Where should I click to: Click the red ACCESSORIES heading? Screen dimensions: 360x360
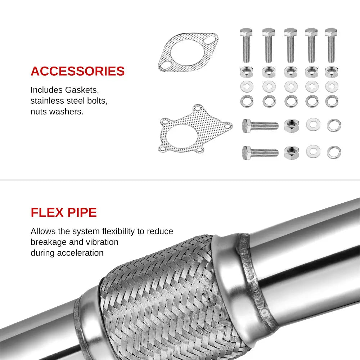click(77, 71)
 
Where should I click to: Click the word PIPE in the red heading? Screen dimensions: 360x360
click(82, 212)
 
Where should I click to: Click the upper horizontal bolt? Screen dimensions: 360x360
click(260, 126)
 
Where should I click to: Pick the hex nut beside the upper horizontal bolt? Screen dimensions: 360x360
click(291, 126)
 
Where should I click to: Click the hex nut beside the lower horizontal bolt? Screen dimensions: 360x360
click(291, 152)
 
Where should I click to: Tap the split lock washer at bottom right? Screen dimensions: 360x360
click(334, 152)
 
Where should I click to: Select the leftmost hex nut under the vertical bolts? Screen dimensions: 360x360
click(247, 72)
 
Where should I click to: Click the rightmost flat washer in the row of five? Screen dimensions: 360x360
click(332, 86)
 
